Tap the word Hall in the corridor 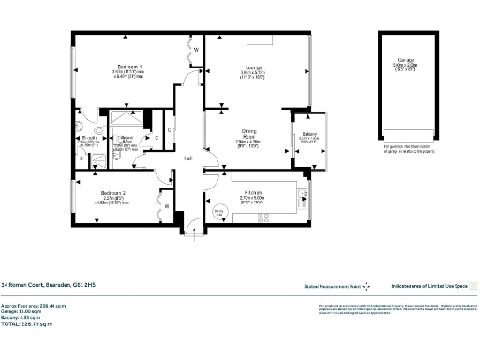[187, 158]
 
